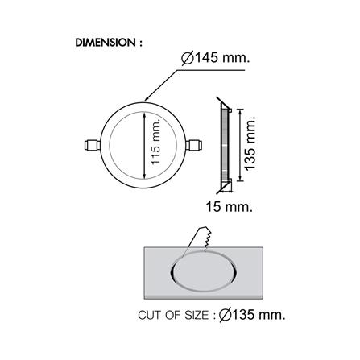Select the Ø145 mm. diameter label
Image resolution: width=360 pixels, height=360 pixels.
[216, 58]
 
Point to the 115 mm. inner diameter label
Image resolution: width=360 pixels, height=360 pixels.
[155, 142]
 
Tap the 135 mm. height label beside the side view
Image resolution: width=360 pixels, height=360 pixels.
[250, 143]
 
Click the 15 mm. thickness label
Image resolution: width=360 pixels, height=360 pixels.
[229, 207]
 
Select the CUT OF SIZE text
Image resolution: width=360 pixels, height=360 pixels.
[173, 315]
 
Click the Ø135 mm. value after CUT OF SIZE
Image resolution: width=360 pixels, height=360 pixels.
[252, 315]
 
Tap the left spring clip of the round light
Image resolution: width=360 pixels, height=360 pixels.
[92, 145]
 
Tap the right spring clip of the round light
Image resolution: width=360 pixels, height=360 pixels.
[194, 145]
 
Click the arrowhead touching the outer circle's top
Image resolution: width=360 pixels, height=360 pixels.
[147, 98]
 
